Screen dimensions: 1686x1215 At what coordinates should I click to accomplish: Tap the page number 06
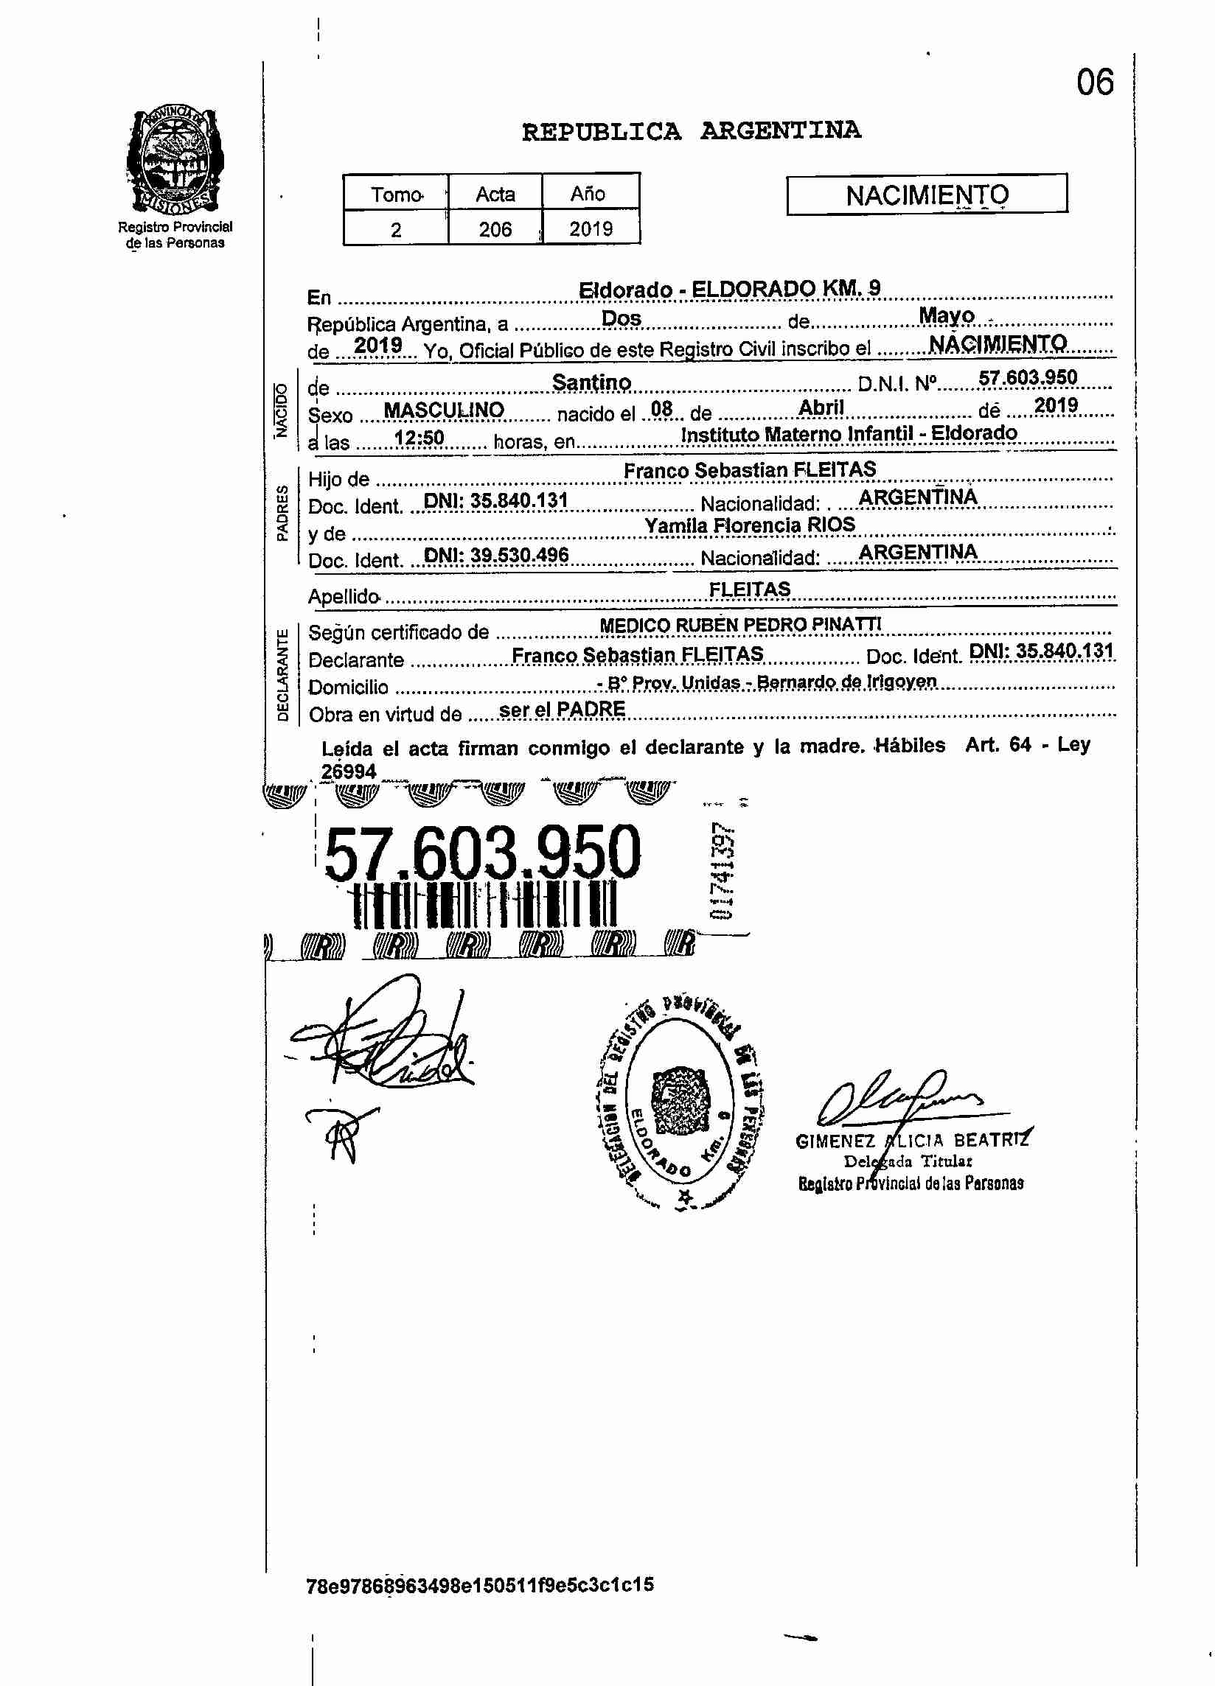(1095, 83)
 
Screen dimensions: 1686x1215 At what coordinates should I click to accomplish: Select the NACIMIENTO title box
(927, 195)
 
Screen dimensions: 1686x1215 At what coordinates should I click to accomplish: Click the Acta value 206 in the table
(495, 229)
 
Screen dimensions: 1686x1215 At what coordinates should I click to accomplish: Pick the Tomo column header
(397, 195)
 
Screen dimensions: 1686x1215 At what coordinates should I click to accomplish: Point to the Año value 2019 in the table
(591, 229)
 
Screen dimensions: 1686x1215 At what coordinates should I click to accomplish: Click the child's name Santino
(591, 383)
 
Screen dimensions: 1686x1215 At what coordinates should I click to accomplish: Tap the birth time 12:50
(419, 438)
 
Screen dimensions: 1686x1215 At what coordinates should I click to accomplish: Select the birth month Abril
(821, 408)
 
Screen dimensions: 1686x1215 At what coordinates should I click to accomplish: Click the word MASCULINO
(444, 410)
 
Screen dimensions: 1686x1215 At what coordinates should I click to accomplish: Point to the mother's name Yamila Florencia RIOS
(750, 525)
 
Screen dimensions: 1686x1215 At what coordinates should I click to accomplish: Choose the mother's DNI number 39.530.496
(496, 556)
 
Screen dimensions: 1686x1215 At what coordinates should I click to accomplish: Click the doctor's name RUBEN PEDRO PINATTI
(778, 624)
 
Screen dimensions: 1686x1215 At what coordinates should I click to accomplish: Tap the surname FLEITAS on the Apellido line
(750, 590)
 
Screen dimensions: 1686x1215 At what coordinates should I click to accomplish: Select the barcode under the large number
(485, 906)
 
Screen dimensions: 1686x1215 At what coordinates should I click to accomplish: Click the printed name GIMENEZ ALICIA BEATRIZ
(912, 1141)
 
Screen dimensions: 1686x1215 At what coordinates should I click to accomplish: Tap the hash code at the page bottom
(481, 1584)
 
